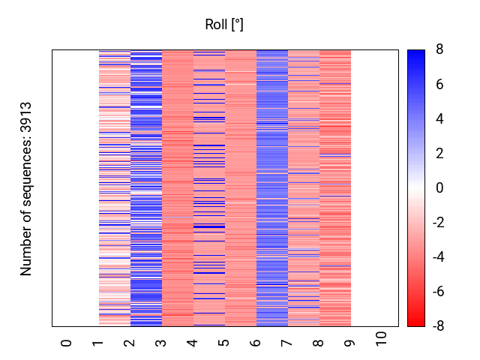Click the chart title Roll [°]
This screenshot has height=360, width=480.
[224, 25]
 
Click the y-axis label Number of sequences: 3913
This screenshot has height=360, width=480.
[27, 188]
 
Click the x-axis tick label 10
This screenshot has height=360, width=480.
[382, 340]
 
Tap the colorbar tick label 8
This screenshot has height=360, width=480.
[439, 50]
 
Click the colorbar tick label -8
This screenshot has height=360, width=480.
[437, 326]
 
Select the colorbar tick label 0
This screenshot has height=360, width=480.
[439, 188]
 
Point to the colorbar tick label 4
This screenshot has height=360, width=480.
[439, 119]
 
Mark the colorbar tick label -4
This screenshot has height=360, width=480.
[437, 257]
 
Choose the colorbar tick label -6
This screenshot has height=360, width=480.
[437, 292]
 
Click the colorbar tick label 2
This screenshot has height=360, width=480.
[439, 154]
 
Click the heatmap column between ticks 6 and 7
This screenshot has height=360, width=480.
[272, 188]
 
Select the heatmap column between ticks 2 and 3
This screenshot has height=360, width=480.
[146, 188]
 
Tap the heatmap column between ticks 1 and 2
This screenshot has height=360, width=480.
[115, 188]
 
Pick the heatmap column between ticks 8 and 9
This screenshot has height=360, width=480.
[335, 188]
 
